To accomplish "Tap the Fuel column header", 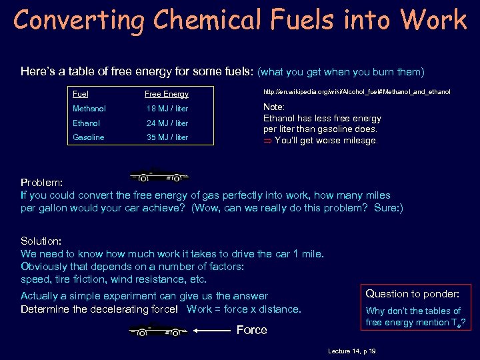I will click(x=81, y=94).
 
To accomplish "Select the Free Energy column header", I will click(x=166, y=94).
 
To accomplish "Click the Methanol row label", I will click(x=89, y=108).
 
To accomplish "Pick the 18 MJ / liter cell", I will click(x=167, y=108).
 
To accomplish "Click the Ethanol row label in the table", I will click(x=86, y=123).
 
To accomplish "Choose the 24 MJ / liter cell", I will click(x=167, y=123).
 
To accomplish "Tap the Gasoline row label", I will click(x=89, y=137).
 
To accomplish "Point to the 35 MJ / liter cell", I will click(x=167, y=137).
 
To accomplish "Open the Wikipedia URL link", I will click(x=357, y=91).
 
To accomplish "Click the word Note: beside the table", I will click(x=274, y=107).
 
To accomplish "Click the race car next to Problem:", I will click(x=160, y=176).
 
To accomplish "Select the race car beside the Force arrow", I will click(x=159, y=329).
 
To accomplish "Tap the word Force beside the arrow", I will click(x=252, y=330).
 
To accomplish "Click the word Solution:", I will click(x=41, y=241).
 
